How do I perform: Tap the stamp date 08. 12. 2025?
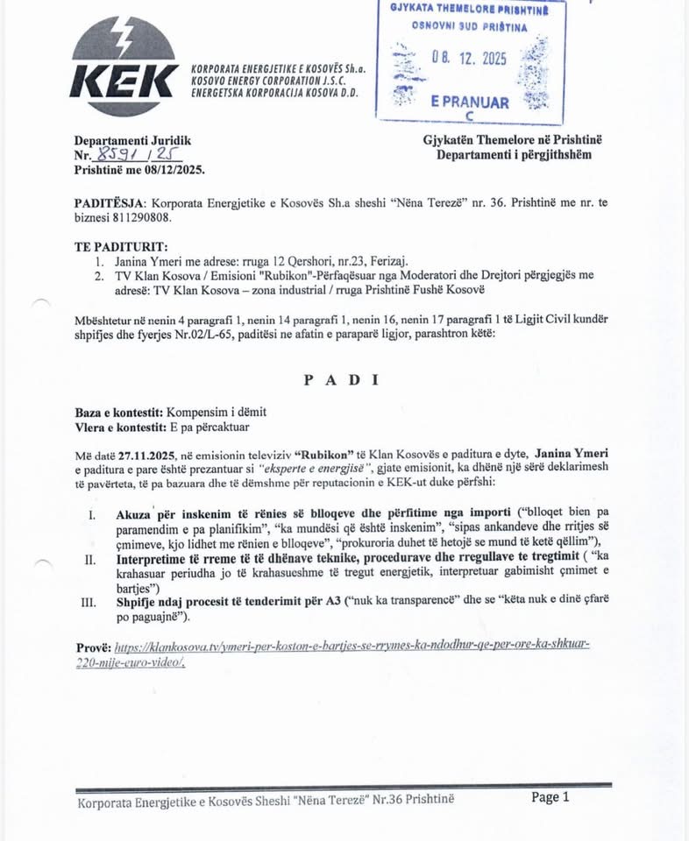(x=469, y=59)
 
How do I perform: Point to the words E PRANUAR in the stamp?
(x=470, y=102)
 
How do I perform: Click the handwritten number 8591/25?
(x=126, y=155)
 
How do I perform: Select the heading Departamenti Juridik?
(x=132, y=140)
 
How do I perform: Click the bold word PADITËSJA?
(x=110, y=202)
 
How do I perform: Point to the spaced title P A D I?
(x=341, y=380)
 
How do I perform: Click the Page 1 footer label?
(x=550, y=796)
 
